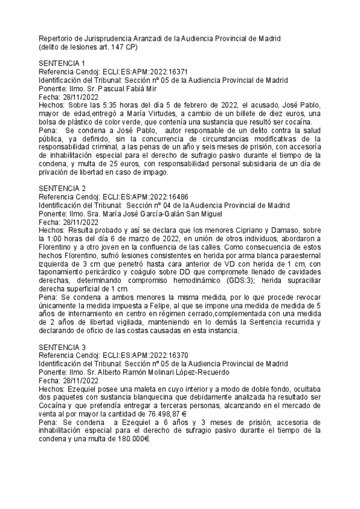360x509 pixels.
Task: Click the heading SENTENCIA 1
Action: click(62, 63)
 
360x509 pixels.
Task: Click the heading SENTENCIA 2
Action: click(62, 188)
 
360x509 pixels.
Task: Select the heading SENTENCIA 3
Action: click(62, 347)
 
